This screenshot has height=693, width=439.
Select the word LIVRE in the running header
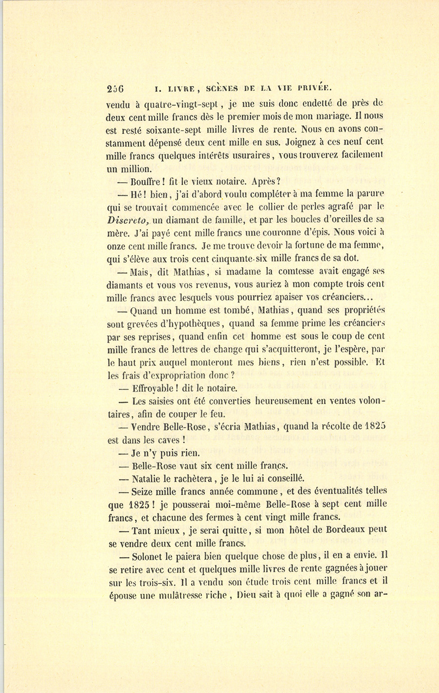point(181,89)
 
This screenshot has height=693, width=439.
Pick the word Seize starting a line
point(143,491)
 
